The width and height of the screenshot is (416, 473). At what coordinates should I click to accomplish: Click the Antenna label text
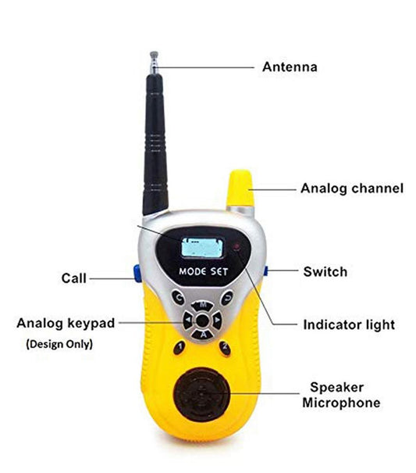290,67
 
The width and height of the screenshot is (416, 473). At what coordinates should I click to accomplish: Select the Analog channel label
352,188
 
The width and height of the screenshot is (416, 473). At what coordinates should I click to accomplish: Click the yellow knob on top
240,188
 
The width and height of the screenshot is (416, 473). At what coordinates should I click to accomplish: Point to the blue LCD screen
202,248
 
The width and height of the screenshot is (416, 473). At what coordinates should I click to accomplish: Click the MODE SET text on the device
204,271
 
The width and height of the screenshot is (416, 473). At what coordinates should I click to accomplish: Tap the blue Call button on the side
137,274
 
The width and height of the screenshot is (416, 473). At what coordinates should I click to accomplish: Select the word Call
74,278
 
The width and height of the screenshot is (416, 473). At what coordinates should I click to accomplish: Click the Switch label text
325,272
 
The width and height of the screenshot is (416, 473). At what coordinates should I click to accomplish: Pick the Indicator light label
349,325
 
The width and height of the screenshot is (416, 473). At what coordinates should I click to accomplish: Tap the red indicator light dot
237,247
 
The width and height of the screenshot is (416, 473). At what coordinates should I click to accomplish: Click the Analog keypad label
66,324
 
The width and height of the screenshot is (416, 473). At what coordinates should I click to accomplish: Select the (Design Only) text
59,344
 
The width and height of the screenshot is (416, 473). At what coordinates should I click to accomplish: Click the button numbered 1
180,347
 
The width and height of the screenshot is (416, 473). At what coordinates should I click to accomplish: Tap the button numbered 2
225,348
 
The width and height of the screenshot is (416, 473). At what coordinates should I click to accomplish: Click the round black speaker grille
201,395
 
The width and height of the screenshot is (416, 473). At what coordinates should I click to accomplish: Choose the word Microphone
341,403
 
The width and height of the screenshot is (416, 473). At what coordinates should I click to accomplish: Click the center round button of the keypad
202,320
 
